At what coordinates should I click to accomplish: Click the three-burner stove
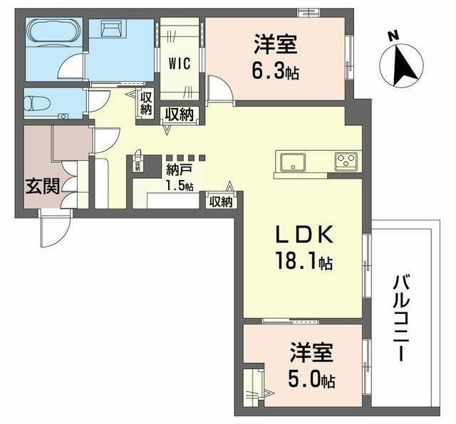pyautogui.click(x=346, y=162)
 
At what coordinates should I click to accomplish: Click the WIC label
pyautogui.click(x=179, y=62)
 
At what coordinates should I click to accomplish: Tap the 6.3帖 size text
pyautogui.click(x=274, y=72)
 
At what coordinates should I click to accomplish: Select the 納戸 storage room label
pyautogui.click(x=178, y=171)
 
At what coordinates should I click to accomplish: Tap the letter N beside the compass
pyautogui.click(x=392, y=35)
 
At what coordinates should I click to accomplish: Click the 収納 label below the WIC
pyautogui.click(x=180, y=114)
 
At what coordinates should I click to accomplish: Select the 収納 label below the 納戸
pyautogui.click(x=221, y=201)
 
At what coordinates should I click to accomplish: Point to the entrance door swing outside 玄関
pyautogui.click(x=53, y=229)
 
